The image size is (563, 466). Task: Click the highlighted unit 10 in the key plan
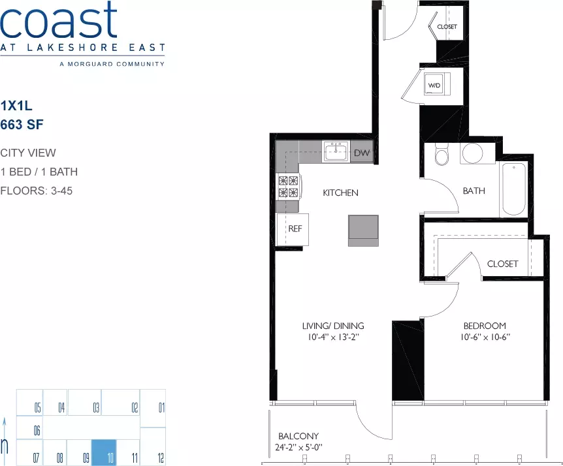[x=104, y=452]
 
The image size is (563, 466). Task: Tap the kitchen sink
[x=336, y=151]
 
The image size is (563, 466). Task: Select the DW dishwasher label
[x=362, y=153]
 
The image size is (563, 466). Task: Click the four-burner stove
[x=289, y=187]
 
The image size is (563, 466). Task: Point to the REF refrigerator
[x=292, y=229]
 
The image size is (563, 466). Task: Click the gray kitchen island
[x=363, y=230]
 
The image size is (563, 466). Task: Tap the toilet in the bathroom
[x=442, y=154]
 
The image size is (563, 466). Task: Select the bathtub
[x=514, y=189]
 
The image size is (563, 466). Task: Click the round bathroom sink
[x=472, y=153]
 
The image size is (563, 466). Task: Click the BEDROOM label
[x=485, y=326]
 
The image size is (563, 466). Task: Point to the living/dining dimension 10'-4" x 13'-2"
[x=334, y=337]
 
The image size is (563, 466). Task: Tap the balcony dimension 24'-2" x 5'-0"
[x=298, y=447]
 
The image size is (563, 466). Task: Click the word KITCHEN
[x=340, y=193]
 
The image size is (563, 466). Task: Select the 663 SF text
[x=22, y=125]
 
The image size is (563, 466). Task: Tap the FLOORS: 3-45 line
[x=37, y=191]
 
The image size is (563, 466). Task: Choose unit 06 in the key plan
[x=37, y=430]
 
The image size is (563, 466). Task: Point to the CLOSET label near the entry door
[x=447, y=27]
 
